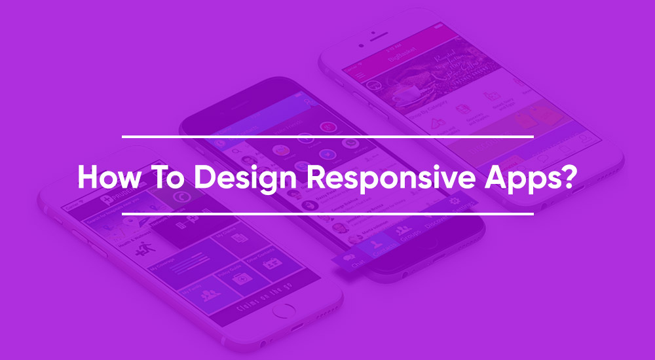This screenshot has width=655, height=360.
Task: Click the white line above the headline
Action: pyautogui.click(x=327, y=137)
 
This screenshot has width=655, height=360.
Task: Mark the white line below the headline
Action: pyautogui.click(x=327, y=213)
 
